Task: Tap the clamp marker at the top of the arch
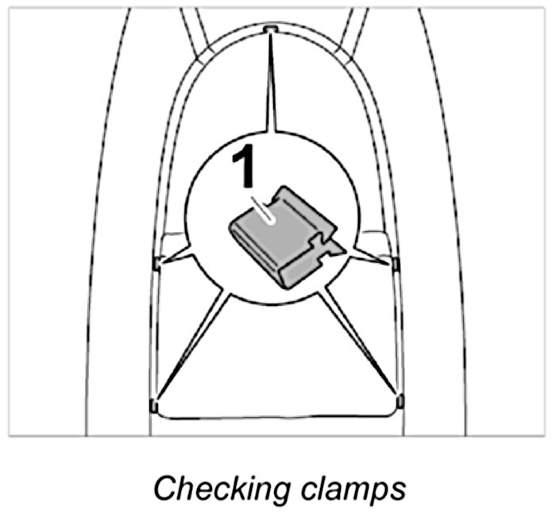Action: [x=271, y=29]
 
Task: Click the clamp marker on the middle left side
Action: [x=156, y=262]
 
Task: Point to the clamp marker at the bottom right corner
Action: [x=399, y=400]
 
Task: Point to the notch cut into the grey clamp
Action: [x=322, y=240]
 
